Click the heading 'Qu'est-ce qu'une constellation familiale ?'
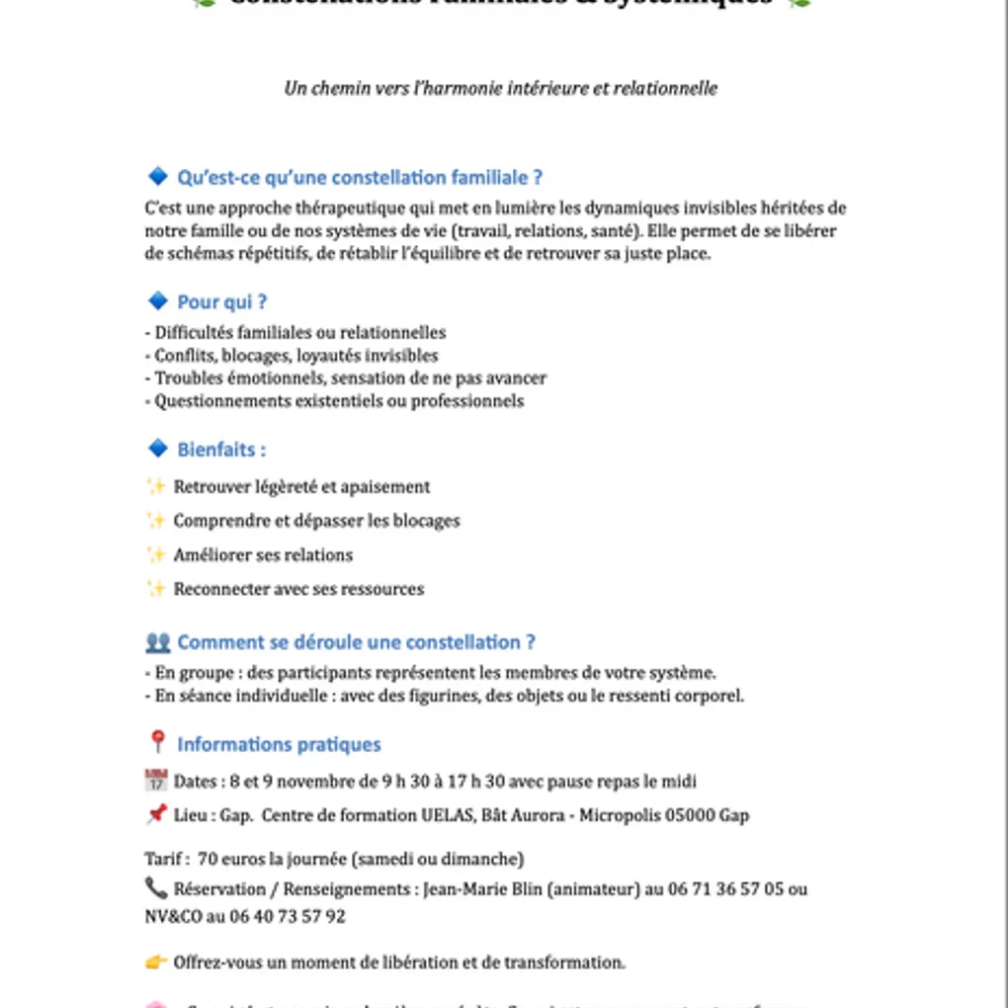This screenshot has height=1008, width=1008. pos(359,178)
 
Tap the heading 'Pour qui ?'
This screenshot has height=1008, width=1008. pos(221,302)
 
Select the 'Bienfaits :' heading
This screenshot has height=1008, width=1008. pos(221,450)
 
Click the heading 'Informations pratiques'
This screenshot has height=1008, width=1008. pos(279,744)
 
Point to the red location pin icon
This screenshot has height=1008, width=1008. pos(156,742)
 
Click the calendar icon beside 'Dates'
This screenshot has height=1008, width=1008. pos(156,781)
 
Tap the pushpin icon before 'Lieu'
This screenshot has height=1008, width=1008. pos(156,815)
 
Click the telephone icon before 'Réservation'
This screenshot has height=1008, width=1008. pos(156,887)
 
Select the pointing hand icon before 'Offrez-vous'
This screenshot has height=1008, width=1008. pos(156,962)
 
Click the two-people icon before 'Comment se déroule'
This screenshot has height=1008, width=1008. pos(157,642)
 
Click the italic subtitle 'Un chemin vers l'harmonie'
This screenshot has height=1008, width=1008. pos(500,88)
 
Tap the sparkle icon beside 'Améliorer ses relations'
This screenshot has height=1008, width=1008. pos(156,554)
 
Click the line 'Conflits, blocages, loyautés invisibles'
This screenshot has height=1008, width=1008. pos(295,356)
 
